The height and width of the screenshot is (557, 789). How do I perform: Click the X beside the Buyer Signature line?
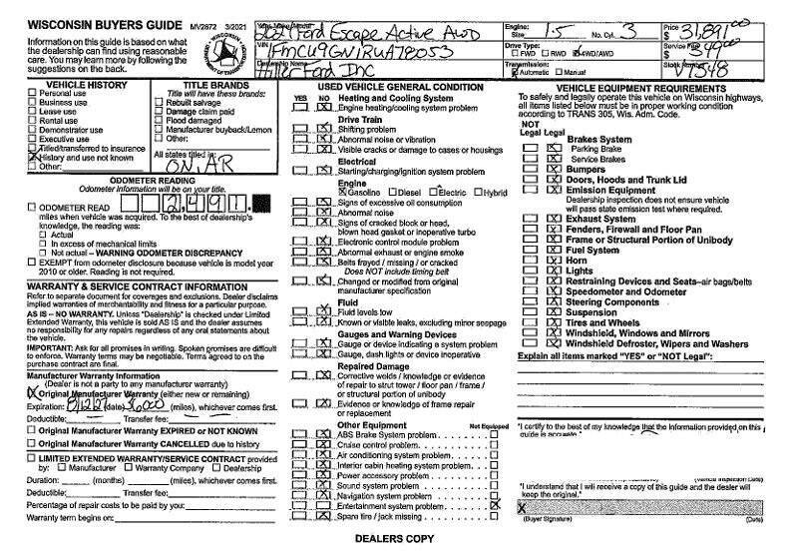[523, 506]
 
